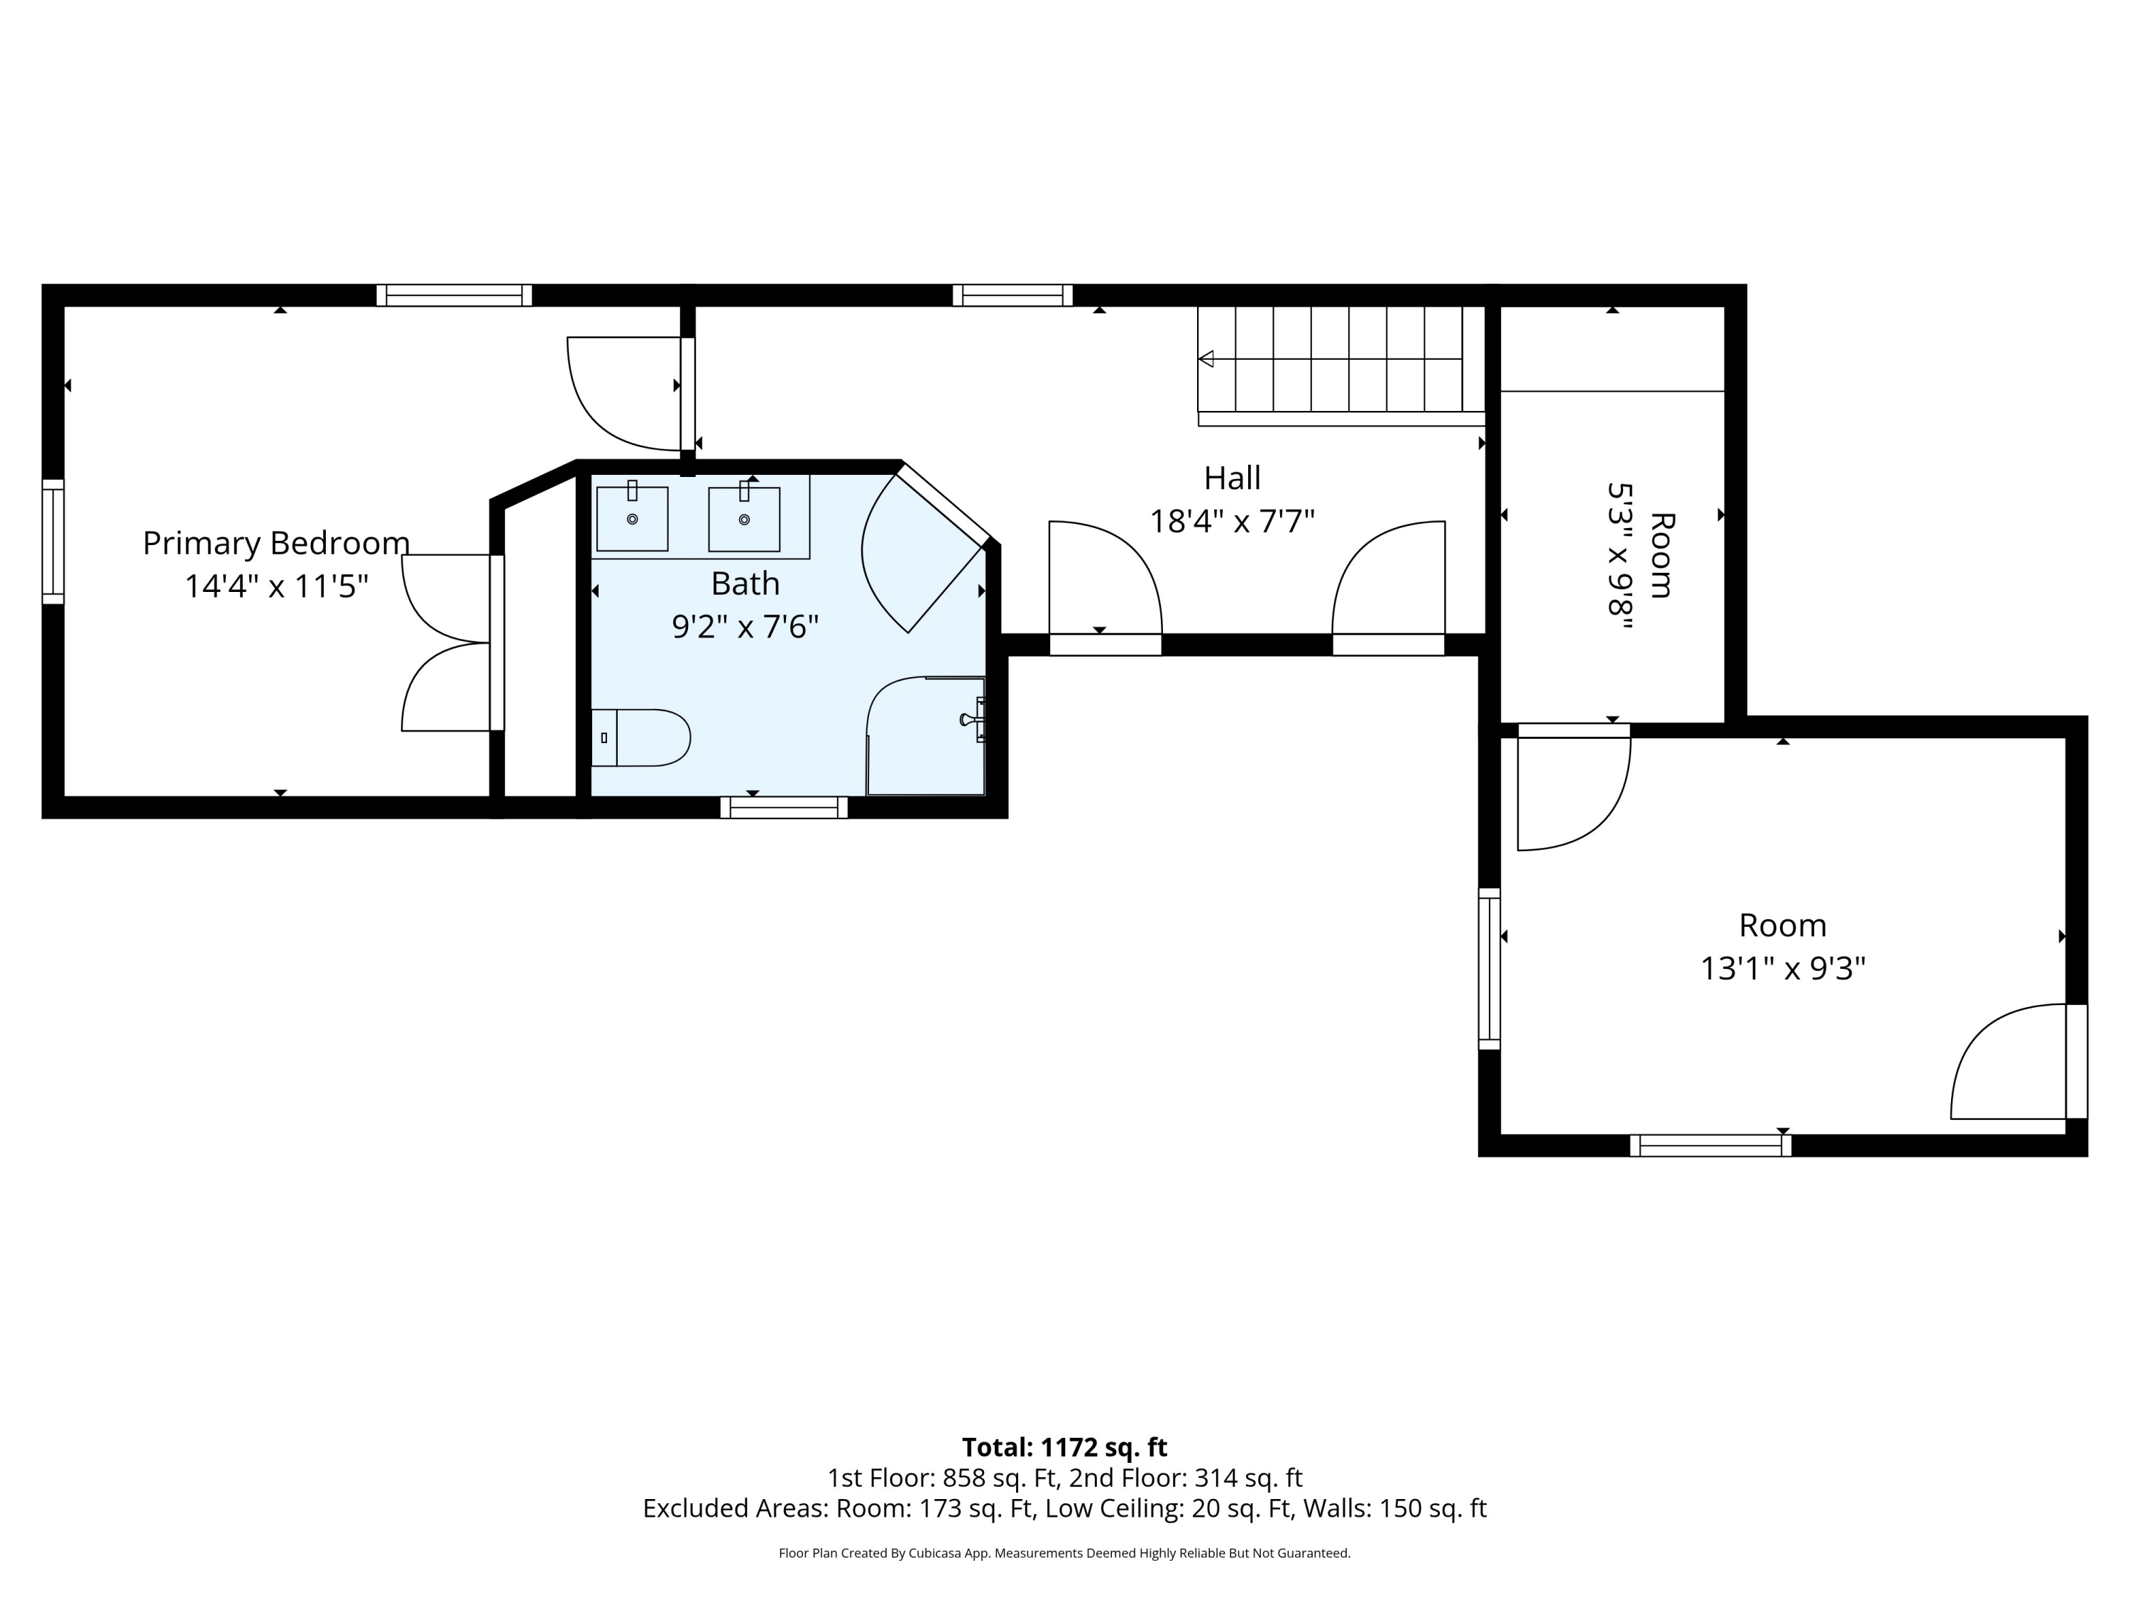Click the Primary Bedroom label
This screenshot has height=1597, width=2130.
[276, 544]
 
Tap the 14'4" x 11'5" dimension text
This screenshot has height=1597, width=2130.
[276, 586]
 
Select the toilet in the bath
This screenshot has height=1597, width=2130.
[640, 737]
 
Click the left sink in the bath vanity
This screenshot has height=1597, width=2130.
[632, 518]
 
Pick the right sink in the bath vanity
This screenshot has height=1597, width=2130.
[744, 518]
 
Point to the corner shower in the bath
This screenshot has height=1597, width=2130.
[925, 737]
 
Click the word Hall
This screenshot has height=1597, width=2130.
[1232, 478]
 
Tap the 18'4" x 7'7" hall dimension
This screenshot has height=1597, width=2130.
[1232, 522]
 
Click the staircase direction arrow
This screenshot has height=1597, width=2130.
[1206, 359]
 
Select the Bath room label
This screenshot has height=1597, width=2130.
[745, 583]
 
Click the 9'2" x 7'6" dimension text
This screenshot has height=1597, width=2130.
[745, 627]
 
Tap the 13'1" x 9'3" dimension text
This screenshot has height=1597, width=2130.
[1782, 968]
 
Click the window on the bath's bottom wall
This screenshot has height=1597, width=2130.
[784, 808]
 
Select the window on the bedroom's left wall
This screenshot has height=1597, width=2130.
[53, 542]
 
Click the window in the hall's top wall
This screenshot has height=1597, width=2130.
[1012, 295]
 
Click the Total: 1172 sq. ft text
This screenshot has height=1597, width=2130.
[1064, 1447]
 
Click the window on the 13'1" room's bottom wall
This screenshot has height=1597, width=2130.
[1710, 1146]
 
